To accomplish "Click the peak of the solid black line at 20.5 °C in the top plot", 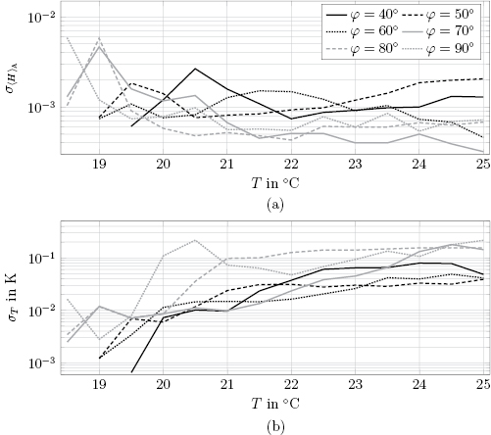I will pyautogui.click(x=196, y=69).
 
